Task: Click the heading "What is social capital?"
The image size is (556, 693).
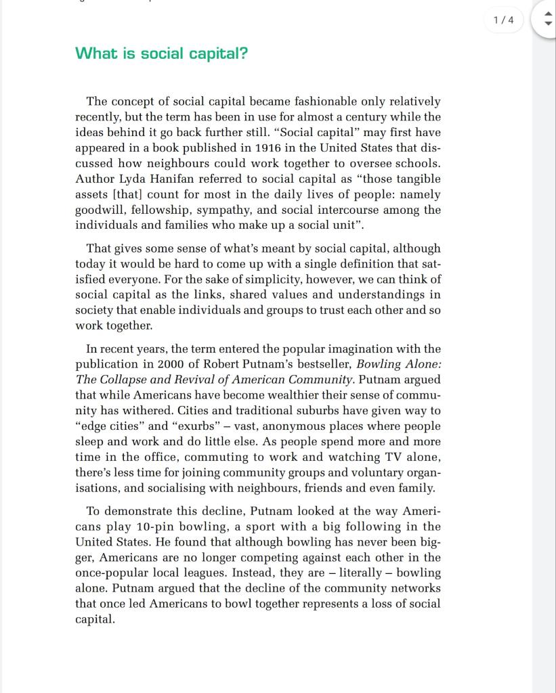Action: pyautogui.click(x=161, y=53)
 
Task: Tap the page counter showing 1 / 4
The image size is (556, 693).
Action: pyautogui.click(x=504, y=20)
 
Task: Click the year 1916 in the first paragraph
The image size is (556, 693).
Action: pyautogui.click(x=270, y=148)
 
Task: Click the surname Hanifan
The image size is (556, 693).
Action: pyautogui.click(x=176, y=179)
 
